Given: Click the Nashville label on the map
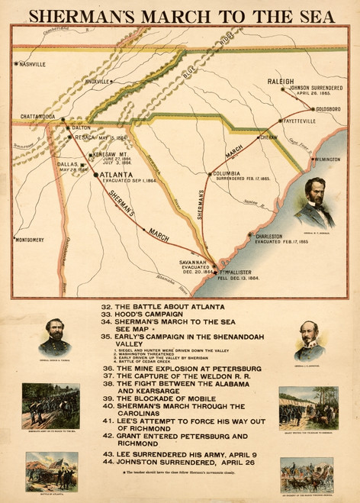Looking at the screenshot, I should point(34,64).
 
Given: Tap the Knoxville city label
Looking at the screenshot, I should point(98,81).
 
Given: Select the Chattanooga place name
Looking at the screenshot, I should point(38,117).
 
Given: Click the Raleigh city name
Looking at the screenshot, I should point(281,81).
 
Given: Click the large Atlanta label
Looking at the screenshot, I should point(111,175).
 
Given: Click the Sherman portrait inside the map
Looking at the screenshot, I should point(316,202).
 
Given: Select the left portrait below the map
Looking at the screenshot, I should point(54,337).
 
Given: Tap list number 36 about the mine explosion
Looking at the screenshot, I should point(106,368).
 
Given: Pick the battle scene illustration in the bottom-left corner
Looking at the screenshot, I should point(52,471).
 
